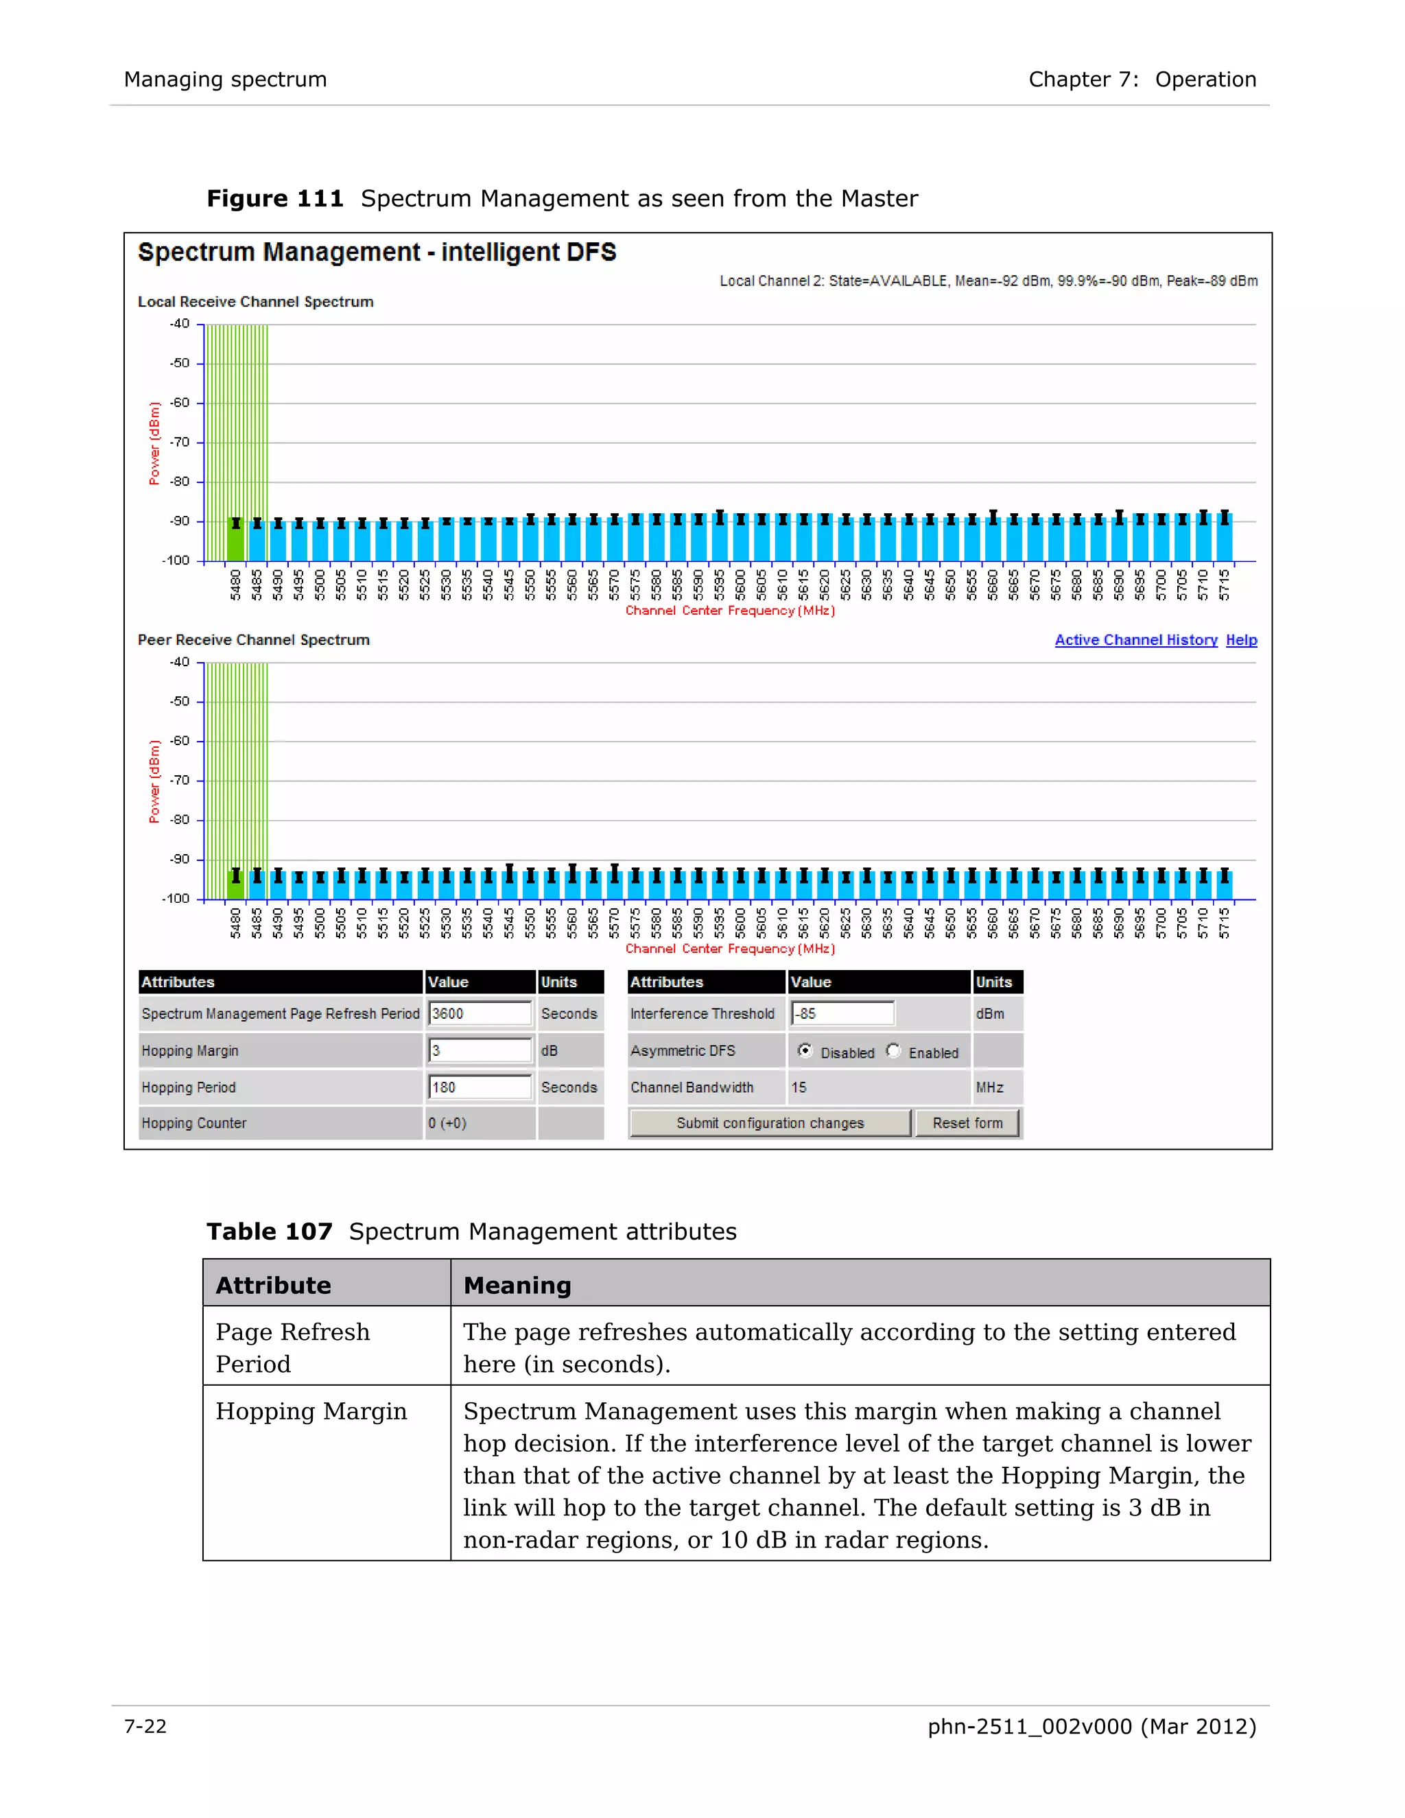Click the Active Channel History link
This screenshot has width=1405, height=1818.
(x=1135, y=640)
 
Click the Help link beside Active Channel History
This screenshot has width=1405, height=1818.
(x=1241, y=640)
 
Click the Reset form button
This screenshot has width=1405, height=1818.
(x=967, y=1123)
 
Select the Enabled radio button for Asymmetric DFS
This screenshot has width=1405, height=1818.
(x=894, y=1050)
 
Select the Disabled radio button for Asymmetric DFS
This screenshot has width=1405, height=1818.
(x=805, y=1050)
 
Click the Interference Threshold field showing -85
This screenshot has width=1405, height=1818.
(x=842, y=1014)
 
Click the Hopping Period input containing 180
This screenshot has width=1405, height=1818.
(x=480, y=1087)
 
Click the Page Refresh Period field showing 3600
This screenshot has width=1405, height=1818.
(x=480, y=1014)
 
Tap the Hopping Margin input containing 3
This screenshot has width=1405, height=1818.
(x=480, y=1050)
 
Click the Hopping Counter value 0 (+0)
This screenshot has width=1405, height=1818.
(x=448, y=1123)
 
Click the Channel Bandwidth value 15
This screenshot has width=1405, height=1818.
(x=799, y=1087)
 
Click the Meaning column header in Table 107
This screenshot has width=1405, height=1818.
(x=517, y=1285)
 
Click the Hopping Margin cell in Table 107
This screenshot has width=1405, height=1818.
(x=311, y=1412)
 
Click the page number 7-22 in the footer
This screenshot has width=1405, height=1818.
(x=145, y=1727)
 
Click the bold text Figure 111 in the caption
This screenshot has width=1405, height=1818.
(x=274, y=199)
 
